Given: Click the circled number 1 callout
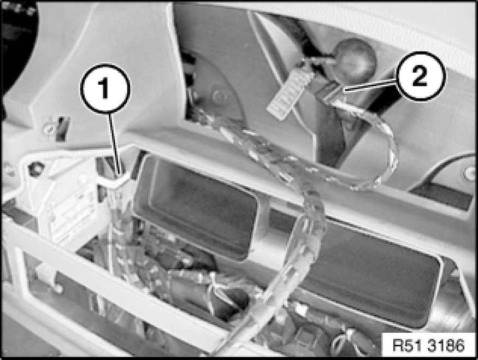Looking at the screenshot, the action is [x=105, y=88].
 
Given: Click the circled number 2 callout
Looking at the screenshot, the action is [x=421, y=76].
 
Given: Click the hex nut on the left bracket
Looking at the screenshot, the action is [x=36, y=168].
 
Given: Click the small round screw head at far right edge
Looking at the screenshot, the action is [x=469, y=173].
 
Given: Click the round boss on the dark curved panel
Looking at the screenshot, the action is [x=219, y=96].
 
